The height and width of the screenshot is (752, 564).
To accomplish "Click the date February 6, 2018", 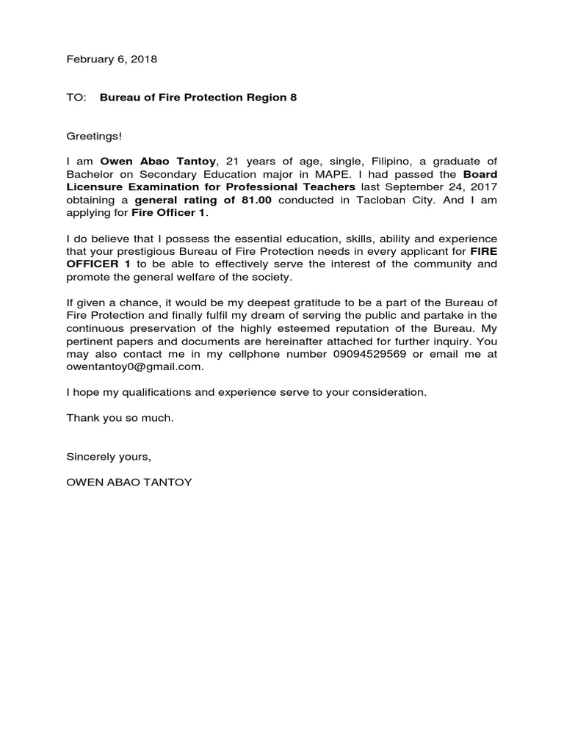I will [x=112, y=59].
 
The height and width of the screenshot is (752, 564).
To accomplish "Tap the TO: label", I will [x=76, y=98].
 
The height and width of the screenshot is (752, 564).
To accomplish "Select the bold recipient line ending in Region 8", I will [x=198, y=98].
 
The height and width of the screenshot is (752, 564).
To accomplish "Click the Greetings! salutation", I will [x=94, y=137].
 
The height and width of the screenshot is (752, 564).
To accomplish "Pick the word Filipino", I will [x=355, y=162].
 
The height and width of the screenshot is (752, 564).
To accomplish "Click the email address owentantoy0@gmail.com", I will [x=134, y=366].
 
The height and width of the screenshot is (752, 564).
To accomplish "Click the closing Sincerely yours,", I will [x=109, y=456].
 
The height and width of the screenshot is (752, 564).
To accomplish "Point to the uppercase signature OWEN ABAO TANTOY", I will [x=129, y=482].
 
